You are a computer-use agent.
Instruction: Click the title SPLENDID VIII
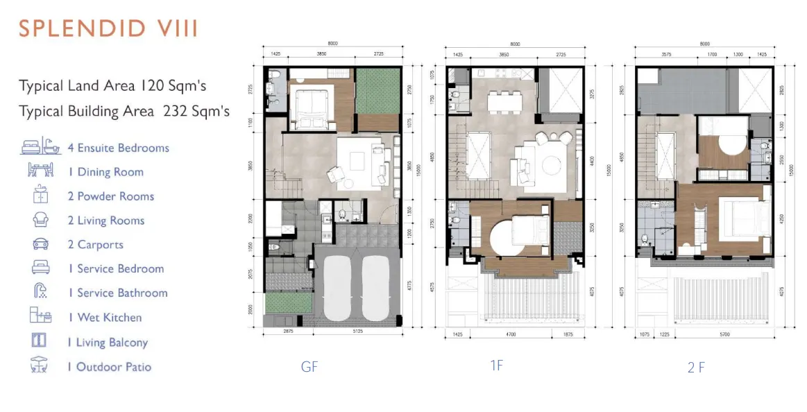tap(108, 28)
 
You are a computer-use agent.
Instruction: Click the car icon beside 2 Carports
tap(40, 244)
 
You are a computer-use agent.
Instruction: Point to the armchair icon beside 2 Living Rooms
tap(40, 220)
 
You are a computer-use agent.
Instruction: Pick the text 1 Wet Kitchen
tap(105, 318)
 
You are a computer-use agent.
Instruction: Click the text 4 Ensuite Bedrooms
tap(119, 148)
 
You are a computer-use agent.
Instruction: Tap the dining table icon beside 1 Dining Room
tap(40, 171)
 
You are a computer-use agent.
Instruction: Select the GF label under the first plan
tap(309, 367)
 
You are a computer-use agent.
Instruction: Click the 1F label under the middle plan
tap(496, 366)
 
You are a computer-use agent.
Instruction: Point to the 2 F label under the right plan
tap(696, 368)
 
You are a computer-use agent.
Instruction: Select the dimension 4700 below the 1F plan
tap(511, 334)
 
